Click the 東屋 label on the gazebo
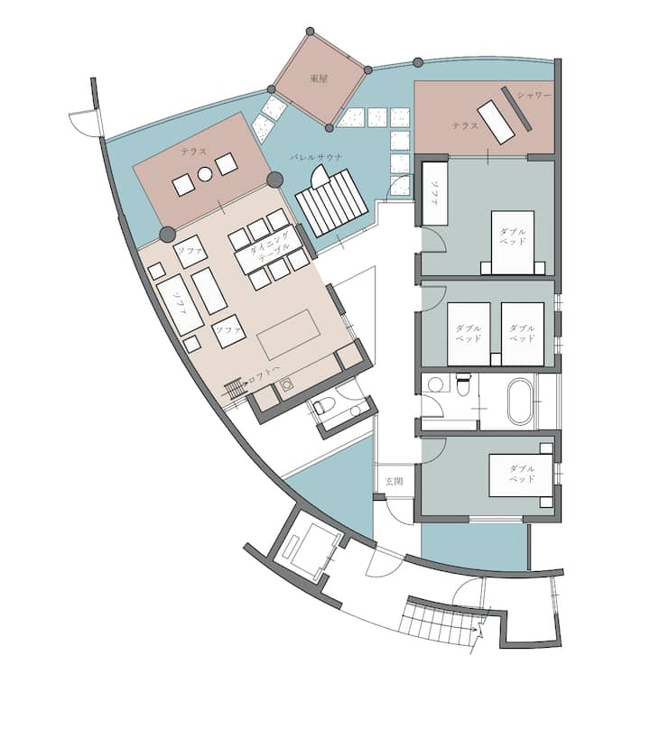pyautogui.click(x=319, y=78)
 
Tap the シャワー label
pyautogui.click(x=534, y=96)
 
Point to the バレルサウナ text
pyautogui.click(x=316, y=157)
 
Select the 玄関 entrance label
pyautogui.click(x=395, y=481)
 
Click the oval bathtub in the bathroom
pyautogui.click(x=521, y=401)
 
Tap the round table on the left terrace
pyautogui.click(x=205, y=175)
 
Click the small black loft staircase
pyautogui.click(x=236, y=389)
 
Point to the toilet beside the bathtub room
pyautogui.click(x=464, y=384)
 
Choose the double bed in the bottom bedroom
pyautogui.click(x=521, y=475)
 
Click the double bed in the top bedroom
pyautogui.click(x=512, y=242)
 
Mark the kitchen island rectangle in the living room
pyautogui.click(x=289, y=335)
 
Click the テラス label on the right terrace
pyautogui.click(x=464, y=125)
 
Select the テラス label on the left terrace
pyautogui.click(x=194, y=152)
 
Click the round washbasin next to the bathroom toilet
pyautogui.click(x=435, y=384)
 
